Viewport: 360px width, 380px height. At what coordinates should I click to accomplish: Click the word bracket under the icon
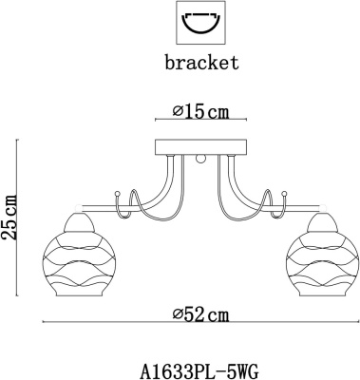(201, 63)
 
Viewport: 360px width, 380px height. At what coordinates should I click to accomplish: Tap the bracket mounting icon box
(201, 23)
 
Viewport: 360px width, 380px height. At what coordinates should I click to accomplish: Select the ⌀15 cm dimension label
(200, 111)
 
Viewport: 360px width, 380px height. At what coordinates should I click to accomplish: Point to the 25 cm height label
(9, 218)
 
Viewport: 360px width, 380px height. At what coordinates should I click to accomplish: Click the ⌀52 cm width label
(200, 314)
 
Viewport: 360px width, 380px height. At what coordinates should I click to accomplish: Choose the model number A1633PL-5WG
(199, 371)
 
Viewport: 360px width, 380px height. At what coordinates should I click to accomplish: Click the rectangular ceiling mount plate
(200, 147)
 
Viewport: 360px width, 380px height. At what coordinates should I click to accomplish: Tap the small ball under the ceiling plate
(200, 159)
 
